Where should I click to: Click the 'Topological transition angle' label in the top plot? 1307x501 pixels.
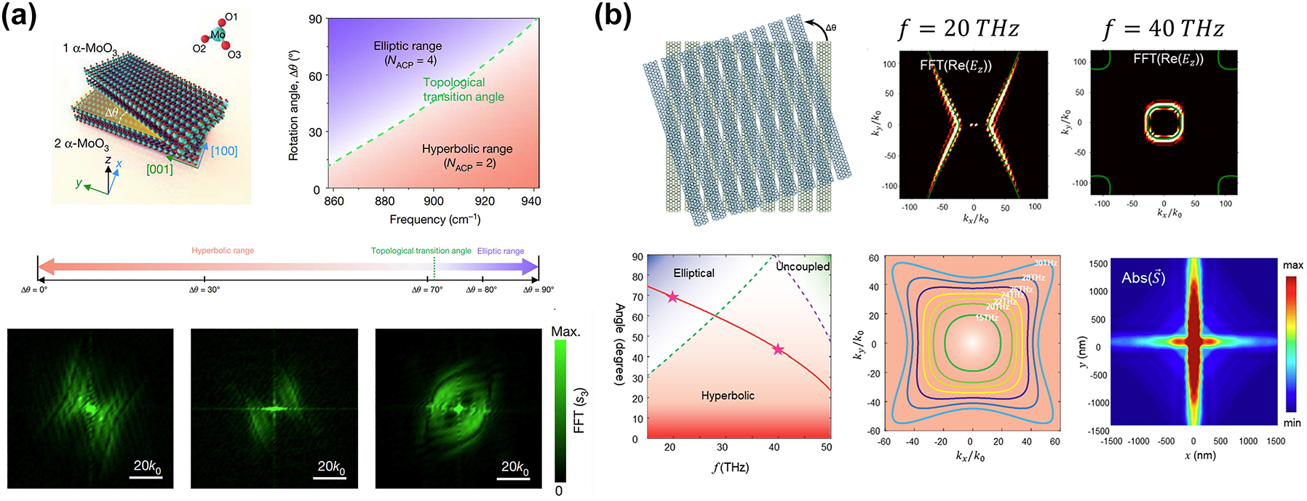tap(463, 89)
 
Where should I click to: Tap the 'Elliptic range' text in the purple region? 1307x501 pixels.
tap(408, 46)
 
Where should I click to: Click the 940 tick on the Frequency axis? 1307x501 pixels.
tap(531, 201)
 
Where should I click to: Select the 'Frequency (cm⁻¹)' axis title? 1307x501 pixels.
tap(434, 220)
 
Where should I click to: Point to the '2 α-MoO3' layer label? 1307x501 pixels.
tap(82, 144)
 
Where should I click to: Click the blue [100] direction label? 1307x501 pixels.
tap(224, 151)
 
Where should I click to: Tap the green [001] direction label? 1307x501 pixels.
tap(159, 169)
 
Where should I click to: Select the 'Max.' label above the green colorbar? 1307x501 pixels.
tap(565, 332)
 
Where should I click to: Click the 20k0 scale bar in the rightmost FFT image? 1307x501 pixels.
tap(515, 468)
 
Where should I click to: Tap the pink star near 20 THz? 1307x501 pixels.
tap(672, 297)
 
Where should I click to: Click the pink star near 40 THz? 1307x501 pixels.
tap(778, 350)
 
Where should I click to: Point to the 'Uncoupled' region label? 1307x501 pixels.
tap(803, 267)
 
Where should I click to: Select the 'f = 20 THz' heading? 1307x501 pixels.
tap(958, 29)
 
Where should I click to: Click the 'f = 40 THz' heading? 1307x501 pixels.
tap(1163, 29)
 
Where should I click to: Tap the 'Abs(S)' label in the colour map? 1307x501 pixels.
tap(1143, 278)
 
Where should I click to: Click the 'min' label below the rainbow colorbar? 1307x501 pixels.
tap(1292, 423)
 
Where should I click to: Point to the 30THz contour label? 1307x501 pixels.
tap(1045, 263)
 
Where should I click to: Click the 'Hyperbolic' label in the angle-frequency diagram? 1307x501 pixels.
tap(728, 396)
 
